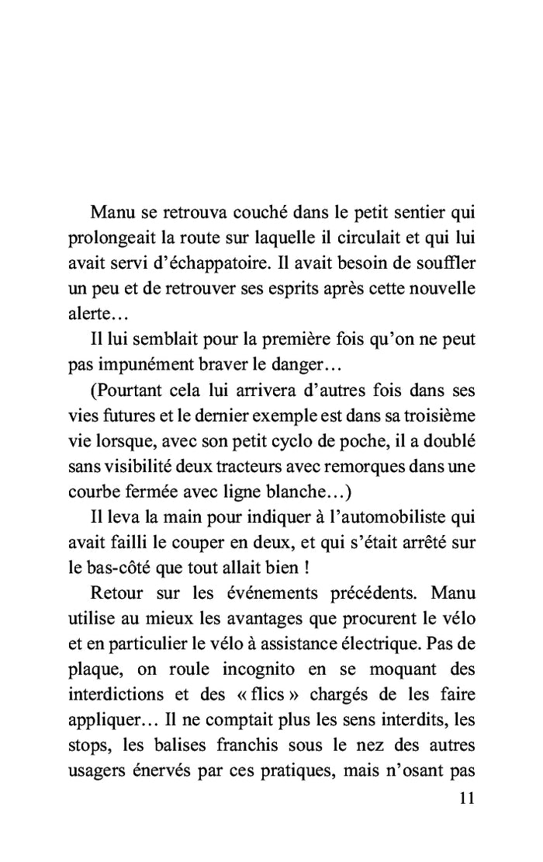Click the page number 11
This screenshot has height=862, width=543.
(x=465, y=798)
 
